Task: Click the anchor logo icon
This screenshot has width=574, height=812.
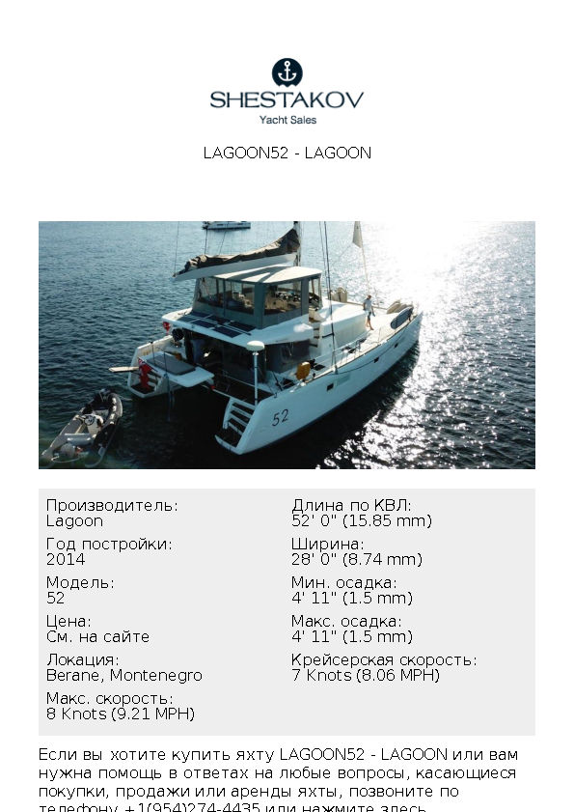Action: (287, 72)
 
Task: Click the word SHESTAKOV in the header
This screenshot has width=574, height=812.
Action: (287, 99)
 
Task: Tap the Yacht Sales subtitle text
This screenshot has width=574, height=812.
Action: (287, 121)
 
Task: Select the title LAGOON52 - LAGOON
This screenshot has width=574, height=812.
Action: (287, 153)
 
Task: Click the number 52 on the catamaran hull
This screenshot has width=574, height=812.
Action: (280, 418)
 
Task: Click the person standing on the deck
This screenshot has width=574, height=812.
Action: (368, 310)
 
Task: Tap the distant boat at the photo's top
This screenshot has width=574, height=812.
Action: (227, 225)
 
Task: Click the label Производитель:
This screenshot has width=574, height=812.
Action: (112, 505)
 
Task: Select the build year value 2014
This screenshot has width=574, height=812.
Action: (66, 559)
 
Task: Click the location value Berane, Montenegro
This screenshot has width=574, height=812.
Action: (123, 675)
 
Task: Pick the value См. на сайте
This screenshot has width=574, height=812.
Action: (97, 636)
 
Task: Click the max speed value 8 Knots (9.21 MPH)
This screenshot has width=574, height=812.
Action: (120, 714)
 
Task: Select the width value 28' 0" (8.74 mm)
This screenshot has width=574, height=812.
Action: (356, 559)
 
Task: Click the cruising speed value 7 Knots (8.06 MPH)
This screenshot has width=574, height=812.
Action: (365, 675)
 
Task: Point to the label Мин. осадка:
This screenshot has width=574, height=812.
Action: (343, 582)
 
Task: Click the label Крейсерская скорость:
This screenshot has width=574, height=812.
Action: (383, 659)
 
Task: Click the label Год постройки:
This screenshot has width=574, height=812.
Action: (109, 544)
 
